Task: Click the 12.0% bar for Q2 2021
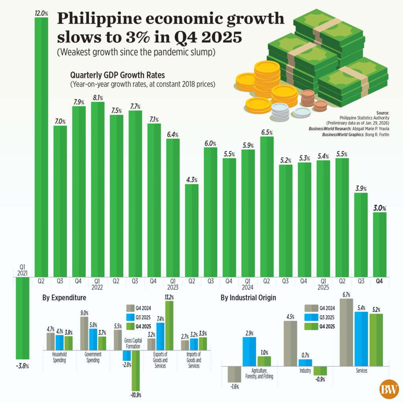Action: pos(42,146)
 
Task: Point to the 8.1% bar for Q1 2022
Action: pos(98,189)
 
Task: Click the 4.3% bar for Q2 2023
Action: pos(192,230)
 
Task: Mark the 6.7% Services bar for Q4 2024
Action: pos(346,332)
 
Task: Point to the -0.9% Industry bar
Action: pos(320,371)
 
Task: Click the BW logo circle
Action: pos(388,390)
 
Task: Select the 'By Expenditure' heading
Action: pos(64,298)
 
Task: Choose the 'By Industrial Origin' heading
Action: pos(248,298)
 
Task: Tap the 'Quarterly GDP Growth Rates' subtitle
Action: pos(117,75)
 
